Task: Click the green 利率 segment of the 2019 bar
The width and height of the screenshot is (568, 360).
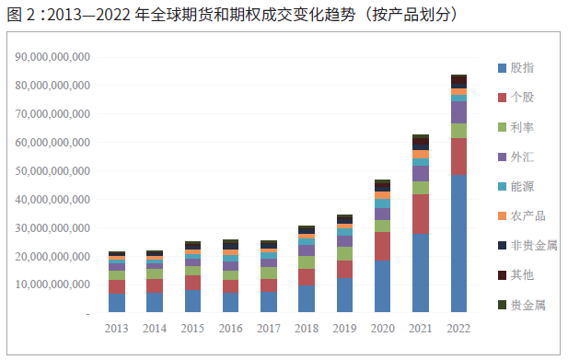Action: pyautogui.click(x=343, y=253)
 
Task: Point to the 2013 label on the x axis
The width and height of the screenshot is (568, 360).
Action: pyautogui.click(x=117, y=328)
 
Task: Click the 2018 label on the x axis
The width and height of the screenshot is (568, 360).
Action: pyautogui.click(x=306, y=328)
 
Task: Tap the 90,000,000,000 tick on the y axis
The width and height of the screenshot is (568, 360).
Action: pyautogui.click(x=52, y=57)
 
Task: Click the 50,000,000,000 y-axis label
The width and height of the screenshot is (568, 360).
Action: pyautogui.click(x=52, y=171)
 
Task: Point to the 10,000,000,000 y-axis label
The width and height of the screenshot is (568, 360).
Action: pyautogui.click(x=52, y=285)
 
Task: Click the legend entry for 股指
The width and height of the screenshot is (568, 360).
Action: pyautogui.click(x=522, y=67)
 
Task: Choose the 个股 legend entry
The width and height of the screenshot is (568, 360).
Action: pyautogui.click(x=522, y=97)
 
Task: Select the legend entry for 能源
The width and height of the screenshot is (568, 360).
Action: pyautogui.click(x=522, y=186)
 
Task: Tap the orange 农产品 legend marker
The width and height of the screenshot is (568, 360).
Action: pyautogui.click(x=501, y=215)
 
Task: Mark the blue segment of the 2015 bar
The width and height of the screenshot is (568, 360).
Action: pyautogui.click(x=192, y=302)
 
